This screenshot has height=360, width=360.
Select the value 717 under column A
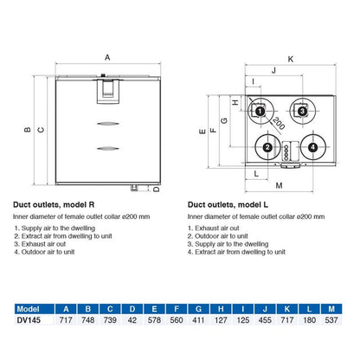point(67,319)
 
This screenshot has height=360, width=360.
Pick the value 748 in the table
point(89,319)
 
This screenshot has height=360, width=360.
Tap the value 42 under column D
point(133,319)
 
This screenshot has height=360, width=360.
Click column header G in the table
point(200,306)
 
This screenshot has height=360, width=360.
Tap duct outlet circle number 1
point(259,111)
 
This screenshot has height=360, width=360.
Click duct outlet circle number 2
point(268,148)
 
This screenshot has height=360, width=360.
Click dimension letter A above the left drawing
point(107,57)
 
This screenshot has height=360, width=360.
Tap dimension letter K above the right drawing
point(290,59)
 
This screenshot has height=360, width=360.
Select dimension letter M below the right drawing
point(280,185)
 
